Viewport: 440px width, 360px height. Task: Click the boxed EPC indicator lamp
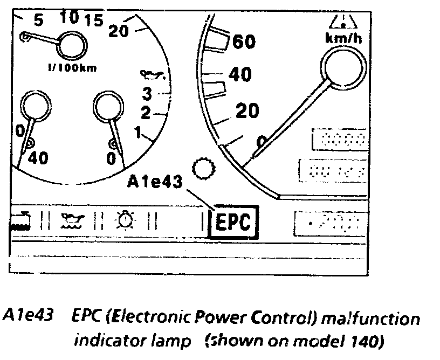click(233, 221)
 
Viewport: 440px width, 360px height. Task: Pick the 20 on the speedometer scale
click(247, 111)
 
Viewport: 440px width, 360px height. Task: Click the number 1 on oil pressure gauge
click(138, 131)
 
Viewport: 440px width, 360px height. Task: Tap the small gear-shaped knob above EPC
click(204, 170)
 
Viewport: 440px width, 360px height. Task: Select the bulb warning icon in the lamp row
click(126, 220)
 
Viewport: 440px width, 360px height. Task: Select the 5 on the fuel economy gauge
click(38, 20)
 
